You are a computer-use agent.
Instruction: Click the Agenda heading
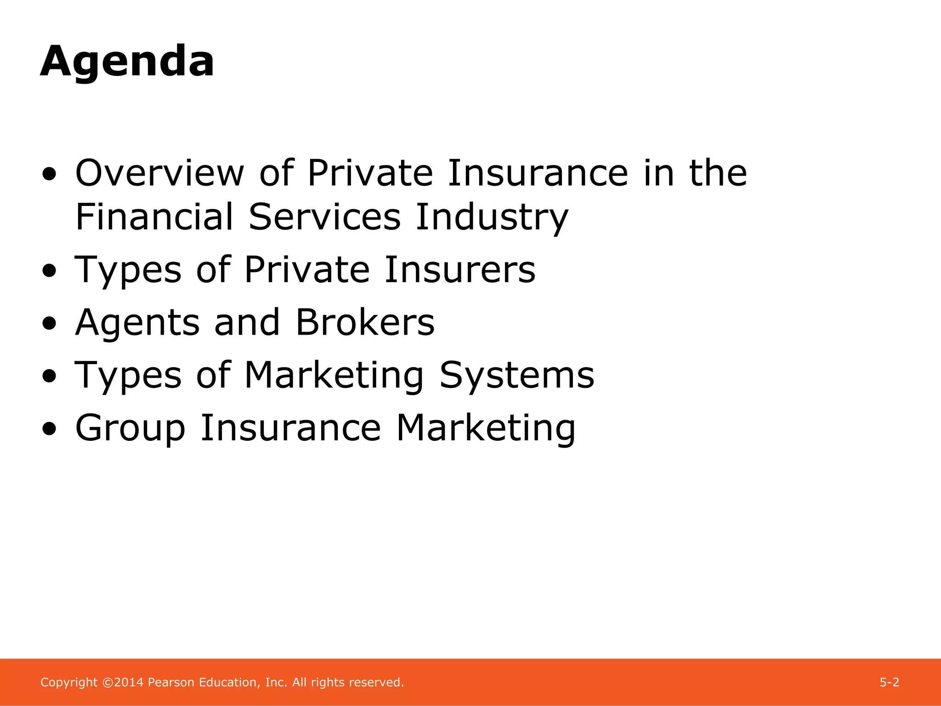(127, 62)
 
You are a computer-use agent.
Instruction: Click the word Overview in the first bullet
(159, 173)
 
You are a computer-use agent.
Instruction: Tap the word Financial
(154, 217)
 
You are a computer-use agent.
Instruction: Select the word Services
(324, 217)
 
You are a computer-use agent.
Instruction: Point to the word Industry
(492, 217)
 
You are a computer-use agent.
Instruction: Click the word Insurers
(460, 270)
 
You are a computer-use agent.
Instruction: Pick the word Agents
(137, 323)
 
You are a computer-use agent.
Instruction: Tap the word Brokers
(365, 323)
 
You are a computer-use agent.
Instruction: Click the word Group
(130, 428)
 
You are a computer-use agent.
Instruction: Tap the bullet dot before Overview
(49, 174)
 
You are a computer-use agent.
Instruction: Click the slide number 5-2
(889, 683)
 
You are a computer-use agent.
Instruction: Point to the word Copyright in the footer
(69, 683)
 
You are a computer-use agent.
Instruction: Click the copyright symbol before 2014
(108, 683)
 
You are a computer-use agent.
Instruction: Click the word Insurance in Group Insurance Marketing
(291, 428)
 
